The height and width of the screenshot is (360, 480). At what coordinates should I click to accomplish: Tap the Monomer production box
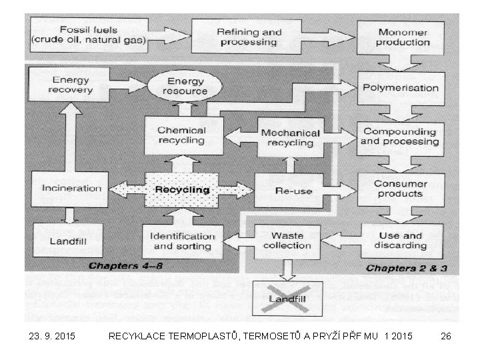(x=403, y=37)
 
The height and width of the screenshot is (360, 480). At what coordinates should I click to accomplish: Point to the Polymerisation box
(x=400, y=88)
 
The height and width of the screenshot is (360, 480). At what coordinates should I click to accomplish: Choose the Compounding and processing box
(x=400, y=137)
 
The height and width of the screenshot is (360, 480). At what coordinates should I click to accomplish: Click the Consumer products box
(x=400, y=189)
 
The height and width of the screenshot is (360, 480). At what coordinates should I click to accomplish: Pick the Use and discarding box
(x=401, y=240)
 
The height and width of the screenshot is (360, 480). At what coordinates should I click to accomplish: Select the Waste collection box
(x=288, y=241)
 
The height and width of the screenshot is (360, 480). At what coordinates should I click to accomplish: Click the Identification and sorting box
(x=182, y=241)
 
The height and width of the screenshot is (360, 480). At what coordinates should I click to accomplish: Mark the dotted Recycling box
(x=182, y=190)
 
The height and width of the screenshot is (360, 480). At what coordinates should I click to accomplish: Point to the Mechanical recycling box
(x=290, y=137)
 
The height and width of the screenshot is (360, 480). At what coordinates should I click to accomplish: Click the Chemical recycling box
(x=182, y=135)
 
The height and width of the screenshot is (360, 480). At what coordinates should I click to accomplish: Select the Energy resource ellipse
(x=186, y=85)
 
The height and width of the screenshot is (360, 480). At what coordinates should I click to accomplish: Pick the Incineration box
(x=71, y=189)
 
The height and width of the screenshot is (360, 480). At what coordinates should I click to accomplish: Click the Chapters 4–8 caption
(x=126, y=265)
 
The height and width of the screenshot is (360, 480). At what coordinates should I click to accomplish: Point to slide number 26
(x=446, y=337)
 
